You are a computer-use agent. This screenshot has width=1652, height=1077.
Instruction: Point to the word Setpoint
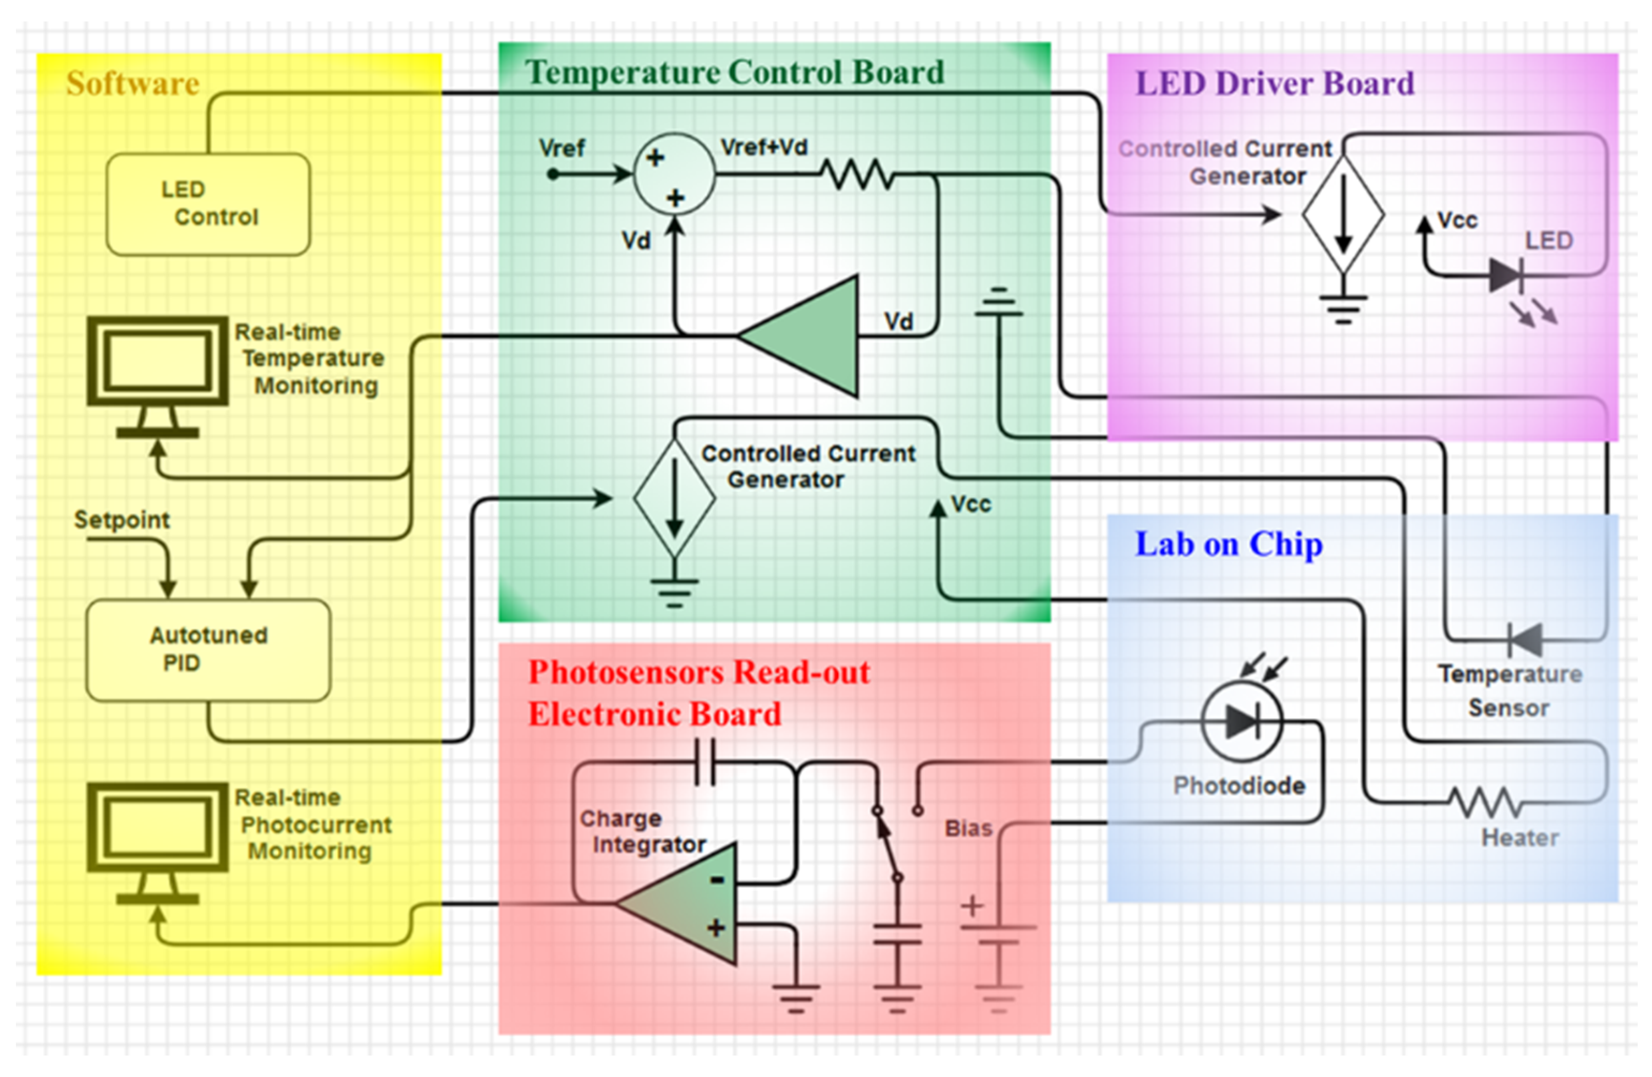pos(122,519)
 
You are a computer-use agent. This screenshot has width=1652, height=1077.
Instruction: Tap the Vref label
pos(561,148)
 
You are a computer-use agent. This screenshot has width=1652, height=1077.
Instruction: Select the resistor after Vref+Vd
pos(858,174)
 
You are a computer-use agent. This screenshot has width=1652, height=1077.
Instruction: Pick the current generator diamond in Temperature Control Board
pos(674,498)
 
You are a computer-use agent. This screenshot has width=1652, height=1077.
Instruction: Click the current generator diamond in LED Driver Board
pos(1342,215)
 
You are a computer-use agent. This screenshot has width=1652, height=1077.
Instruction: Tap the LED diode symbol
pos(1506,275)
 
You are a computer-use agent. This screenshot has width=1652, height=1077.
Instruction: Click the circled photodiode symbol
pos(1242,722)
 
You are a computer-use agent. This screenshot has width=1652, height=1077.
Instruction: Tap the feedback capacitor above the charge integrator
pos(705,762)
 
